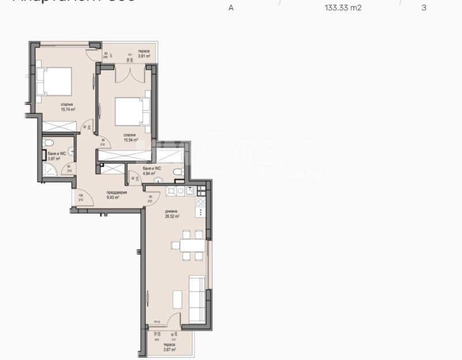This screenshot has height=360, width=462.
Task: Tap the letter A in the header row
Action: click(231, 9)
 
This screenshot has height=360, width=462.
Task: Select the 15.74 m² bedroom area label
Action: click(68, 107)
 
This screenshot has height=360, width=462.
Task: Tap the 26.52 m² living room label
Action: click(172, 215)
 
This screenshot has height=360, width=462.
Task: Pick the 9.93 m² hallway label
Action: click(113, 195)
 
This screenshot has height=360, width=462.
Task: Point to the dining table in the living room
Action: click(190, 246)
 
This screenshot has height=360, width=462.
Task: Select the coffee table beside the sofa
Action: click(178, 298)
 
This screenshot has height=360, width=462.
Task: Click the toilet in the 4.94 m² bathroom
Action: click(180, 171)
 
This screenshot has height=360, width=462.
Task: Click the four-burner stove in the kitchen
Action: click(201, 202)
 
